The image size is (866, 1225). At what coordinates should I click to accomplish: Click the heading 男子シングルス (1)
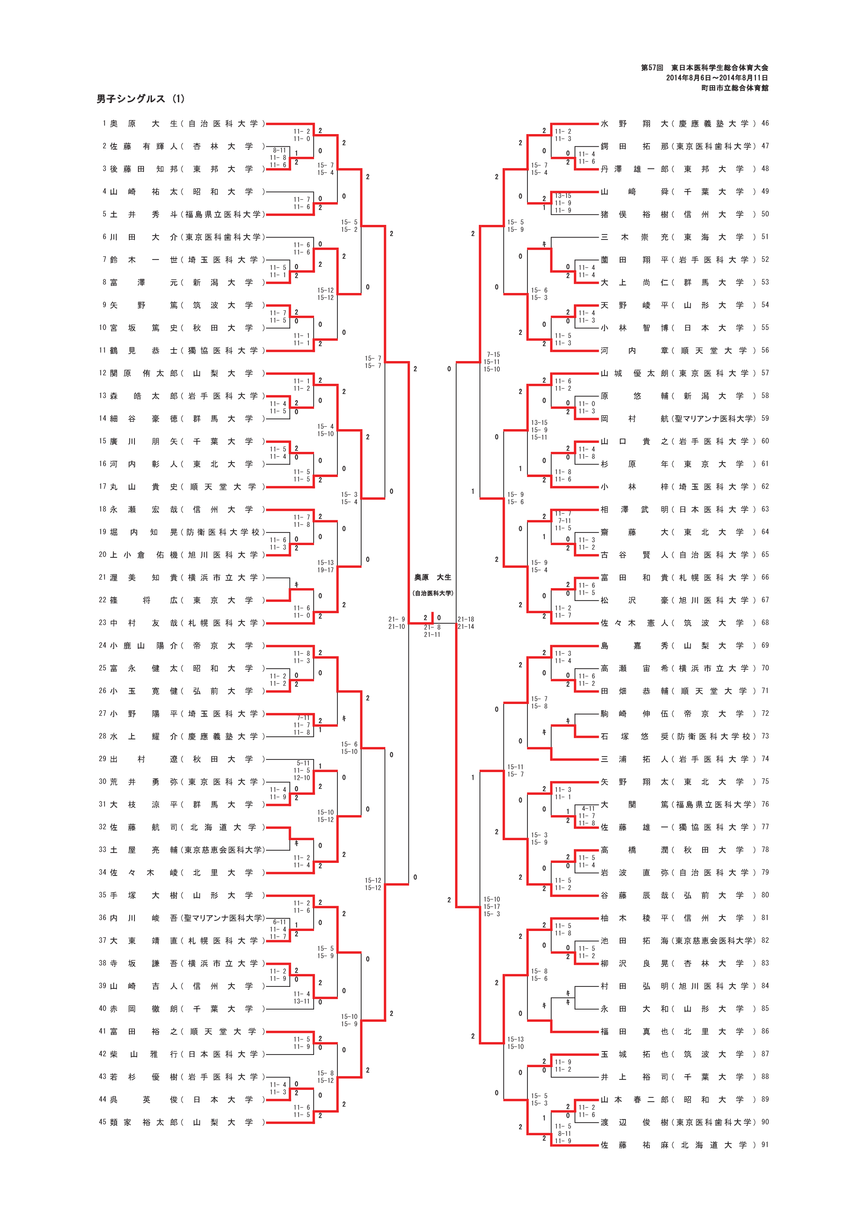click(140, 99)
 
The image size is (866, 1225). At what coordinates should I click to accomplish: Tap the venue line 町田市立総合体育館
click(735, 88)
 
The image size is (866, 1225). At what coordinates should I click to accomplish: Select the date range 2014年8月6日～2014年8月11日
click(716, 78)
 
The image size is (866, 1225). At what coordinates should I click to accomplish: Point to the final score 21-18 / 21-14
click(466, 623)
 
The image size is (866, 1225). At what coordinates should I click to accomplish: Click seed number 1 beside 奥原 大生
click(104, 124)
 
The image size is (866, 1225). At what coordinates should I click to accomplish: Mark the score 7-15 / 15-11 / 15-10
click(492, 362)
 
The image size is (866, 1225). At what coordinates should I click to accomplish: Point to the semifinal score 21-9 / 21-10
click(396, 623)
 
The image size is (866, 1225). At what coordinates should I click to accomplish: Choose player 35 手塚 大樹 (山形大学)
click(181, 895)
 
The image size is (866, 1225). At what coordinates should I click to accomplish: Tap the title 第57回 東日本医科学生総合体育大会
click(704, 68)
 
